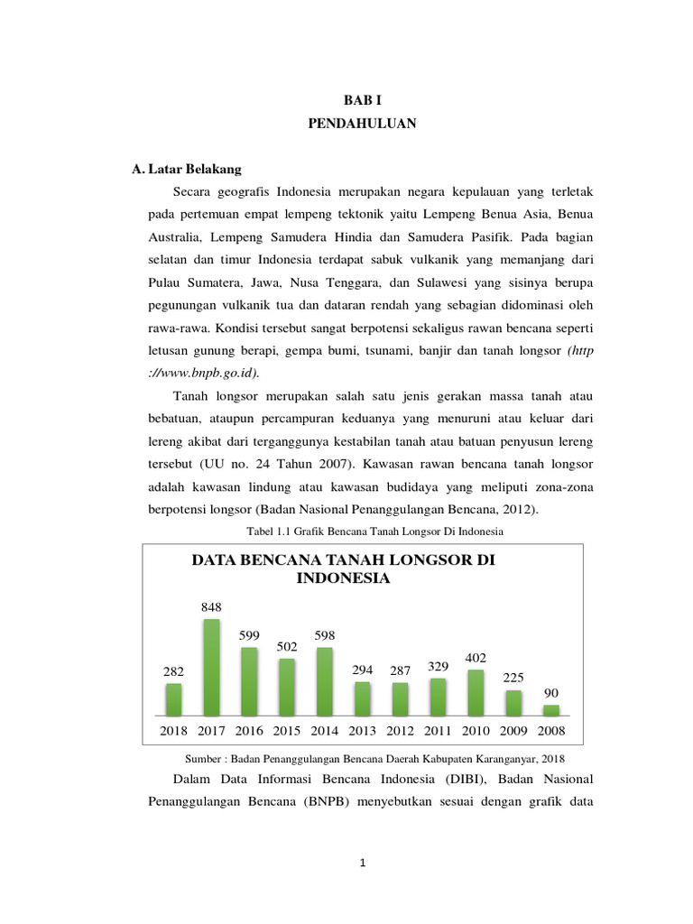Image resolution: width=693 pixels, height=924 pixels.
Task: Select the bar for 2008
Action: (550, 710)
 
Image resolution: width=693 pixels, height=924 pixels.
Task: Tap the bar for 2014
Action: (324, 682)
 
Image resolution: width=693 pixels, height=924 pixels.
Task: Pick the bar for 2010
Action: (475, 693)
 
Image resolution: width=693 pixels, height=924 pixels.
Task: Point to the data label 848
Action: (211, 607)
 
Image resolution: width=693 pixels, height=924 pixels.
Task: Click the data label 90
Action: (550, 693)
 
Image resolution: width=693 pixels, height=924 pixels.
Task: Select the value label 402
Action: (475, 658)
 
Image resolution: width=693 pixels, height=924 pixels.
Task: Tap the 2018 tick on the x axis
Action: (173, 731)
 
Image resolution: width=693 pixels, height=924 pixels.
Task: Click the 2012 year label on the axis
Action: (400, 731)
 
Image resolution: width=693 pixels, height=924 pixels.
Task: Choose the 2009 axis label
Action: (513, 731)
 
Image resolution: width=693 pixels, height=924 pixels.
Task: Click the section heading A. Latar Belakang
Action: (186, 169)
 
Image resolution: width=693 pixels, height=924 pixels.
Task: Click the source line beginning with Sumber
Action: (380, 758)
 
